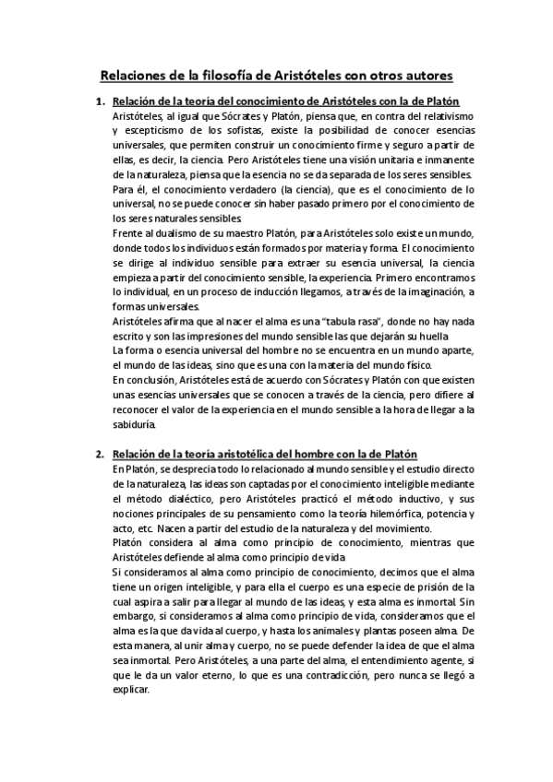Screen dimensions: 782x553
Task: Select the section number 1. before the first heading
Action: [102, 101]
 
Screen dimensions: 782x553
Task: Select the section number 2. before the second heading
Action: [102, 454]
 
